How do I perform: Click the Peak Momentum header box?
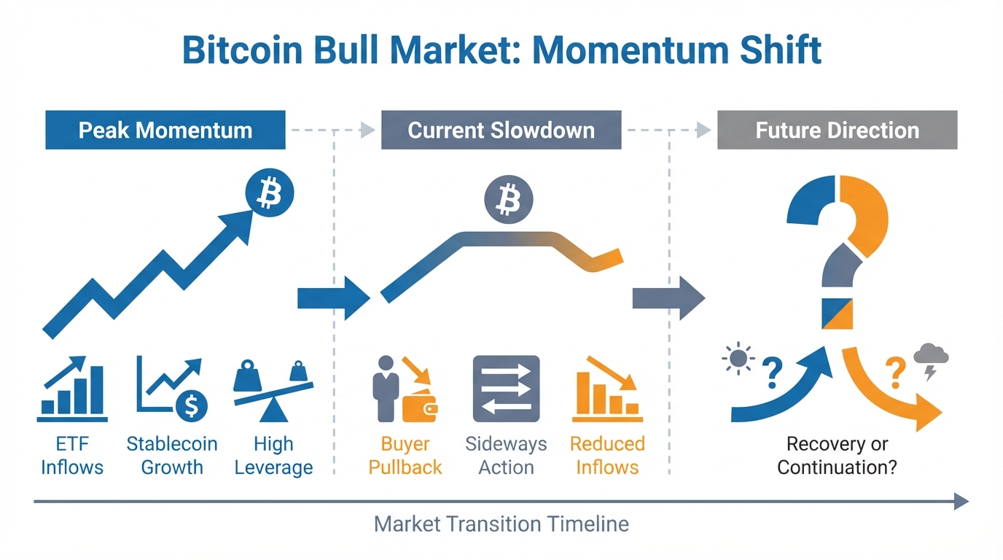[165, 131]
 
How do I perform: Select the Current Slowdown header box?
[501, 131]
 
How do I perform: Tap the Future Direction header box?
[837, 131]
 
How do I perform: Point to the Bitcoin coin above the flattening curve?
[508, 199]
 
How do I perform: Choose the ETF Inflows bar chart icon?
[72, 390]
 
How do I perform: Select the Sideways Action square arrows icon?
[506, 389]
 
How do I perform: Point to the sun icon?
[739, 359]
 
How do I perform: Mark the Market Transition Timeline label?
[501, 524]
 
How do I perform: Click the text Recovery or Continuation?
[837, 456]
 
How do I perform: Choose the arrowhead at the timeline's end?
[961, 501]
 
